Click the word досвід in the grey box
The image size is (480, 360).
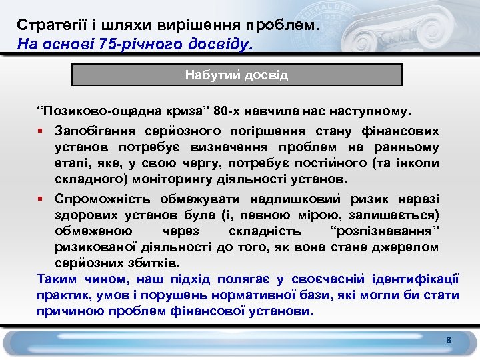(x=266, y=75)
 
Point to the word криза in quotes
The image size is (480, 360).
(x=174, y=109)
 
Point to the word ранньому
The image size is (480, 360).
(x=409, y=147)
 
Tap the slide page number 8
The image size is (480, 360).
(x=449, y=341)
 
